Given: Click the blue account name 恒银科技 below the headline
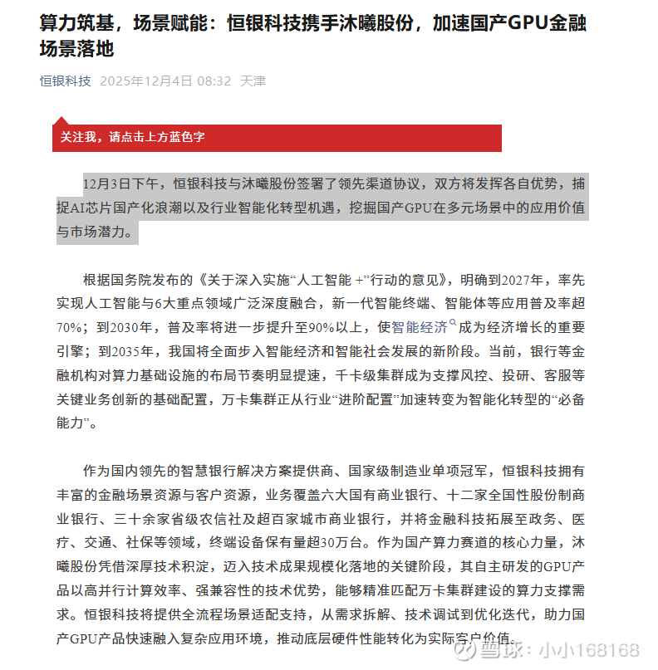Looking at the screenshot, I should (x=66, y=81).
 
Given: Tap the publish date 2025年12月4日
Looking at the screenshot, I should (x=145, y=81).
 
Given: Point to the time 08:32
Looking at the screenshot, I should (x=214, y=81).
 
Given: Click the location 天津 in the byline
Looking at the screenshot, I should (x=253, y=81).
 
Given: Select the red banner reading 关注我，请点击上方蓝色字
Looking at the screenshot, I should (x=277, y=138).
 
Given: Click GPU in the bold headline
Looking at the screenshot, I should (x=527, y=22).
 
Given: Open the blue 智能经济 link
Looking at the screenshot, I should (x=420, y=326).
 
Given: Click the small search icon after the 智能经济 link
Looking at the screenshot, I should (x=453, y=323).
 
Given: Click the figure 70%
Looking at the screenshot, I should (x=69, y=326).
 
